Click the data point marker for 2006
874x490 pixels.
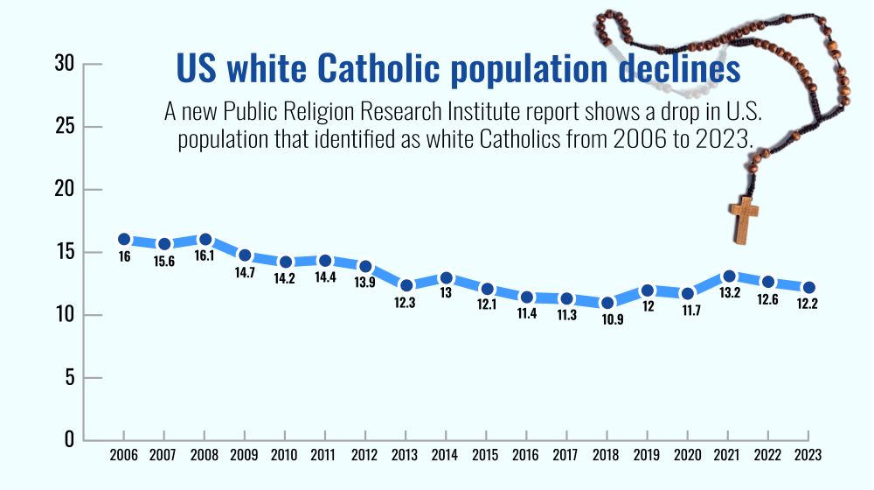(x=124, y=239)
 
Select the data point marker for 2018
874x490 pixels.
(x=607, y=303)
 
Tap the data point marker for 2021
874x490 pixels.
(x=729, y=276)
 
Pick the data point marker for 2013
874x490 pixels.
(x=406, y=285)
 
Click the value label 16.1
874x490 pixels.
(x=205, y=256)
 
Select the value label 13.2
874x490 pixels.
(x=729, y=293)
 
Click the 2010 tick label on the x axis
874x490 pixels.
(x=284, y=455)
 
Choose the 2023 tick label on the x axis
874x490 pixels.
(x=808, y=455)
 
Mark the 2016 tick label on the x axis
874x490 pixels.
(x=526, y=455)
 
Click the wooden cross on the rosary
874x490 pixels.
(x=744, y=220)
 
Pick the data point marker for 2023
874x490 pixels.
(x=808, y=288)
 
